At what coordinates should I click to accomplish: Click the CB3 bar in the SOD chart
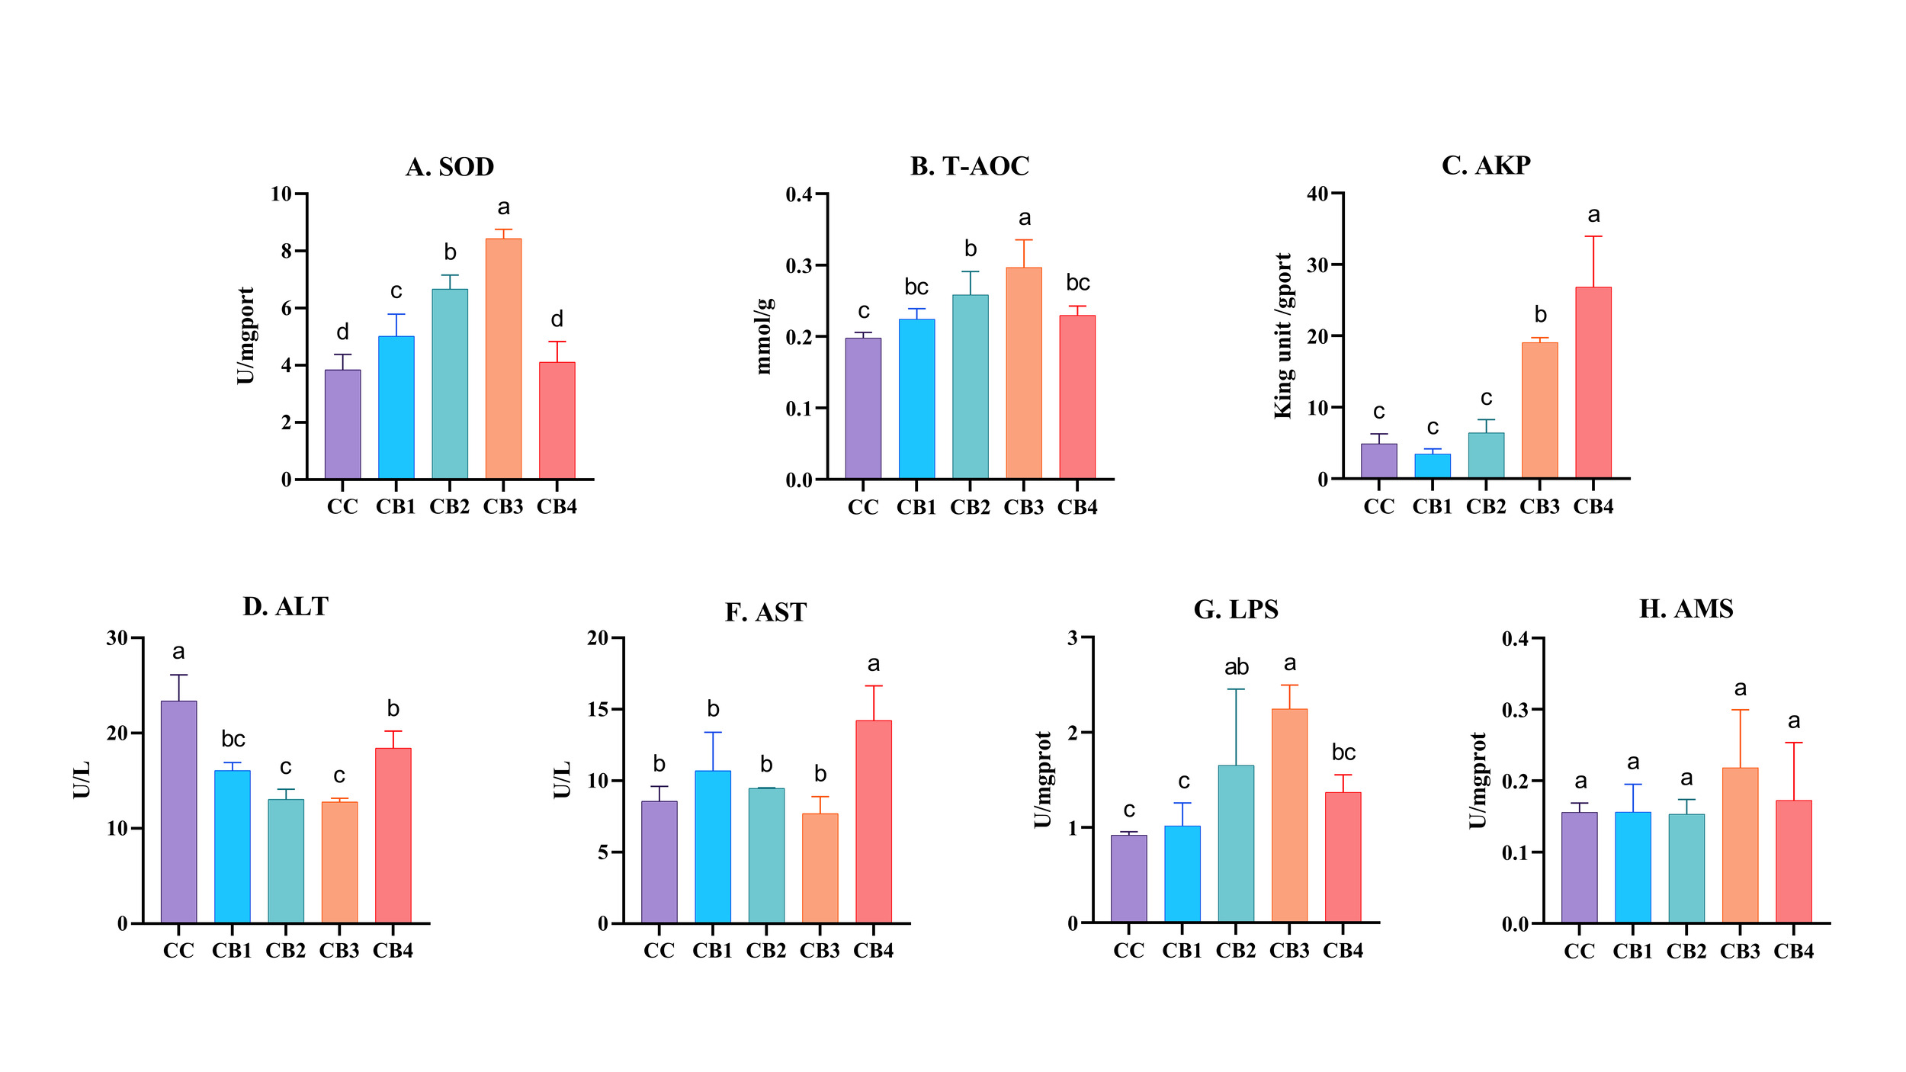503,358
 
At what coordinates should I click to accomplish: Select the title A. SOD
450,167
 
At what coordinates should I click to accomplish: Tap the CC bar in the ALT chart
178,811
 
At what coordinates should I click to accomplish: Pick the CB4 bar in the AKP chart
1593,383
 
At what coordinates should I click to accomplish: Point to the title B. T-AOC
970,166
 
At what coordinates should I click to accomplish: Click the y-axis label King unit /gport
1284,335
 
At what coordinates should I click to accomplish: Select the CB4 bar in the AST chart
873,821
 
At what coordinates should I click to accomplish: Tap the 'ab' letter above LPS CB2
1236,668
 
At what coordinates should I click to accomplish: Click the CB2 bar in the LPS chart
1236,843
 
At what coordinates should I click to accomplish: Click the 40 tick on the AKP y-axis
1317,194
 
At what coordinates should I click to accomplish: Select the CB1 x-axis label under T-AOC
916,508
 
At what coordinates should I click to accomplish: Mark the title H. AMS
1686,609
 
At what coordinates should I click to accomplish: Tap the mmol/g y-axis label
764,336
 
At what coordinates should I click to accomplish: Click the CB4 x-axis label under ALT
393,951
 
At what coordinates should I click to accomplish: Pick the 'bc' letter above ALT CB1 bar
233,740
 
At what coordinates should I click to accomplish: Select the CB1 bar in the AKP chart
1433,466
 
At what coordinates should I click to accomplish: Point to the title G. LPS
1236,610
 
